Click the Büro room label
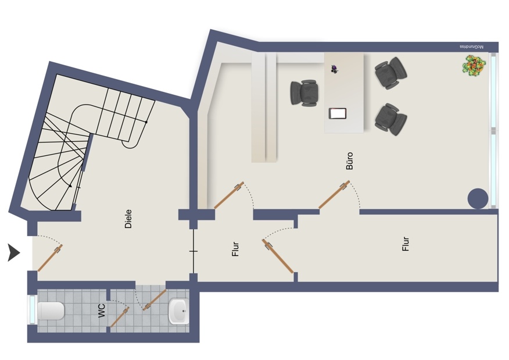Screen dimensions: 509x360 pos(349,161)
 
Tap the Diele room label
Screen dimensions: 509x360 pos(128,219)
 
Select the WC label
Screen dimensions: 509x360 pos(101,311)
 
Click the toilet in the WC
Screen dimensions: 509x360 pos(51,311)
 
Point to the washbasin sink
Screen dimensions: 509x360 pos(178,311)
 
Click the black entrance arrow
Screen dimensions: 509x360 pos(13,253)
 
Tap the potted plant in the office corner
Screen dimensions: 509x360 pos(475,66)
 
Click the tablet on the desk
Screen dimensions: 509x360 pos(338,113)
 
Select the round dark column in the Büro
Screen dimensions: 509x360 pos(478,198)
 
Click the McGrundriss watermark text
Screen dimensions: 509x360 pos(471,47)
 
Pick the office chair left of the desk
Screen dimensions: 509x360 pos(304,93)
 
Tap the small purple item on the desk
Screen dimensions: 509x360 pos(335,69)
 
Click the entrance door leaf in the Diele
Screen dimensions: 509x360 pos(50,258)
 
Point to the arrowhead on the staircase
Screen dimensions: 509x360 pos(70,186)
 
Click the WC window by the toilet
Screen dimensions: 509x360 pos(32,309)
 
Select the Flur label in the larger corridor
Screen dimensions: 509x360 pos(406,244)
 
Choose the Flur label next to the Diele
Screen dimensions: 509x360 pos(235,249)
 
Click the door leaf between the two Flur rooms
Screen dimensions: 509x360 pos(278,256)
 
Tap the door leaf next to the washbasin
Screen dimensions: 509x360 pos(155,300)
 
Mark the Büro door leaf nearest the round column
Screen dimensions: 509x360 pos(334,194)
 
